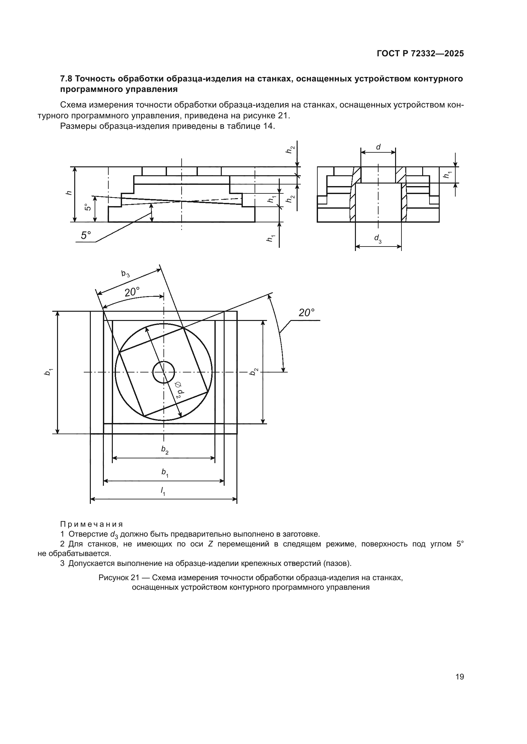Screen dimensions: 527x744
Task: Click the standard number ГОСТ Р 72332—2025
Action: tap(420, 54)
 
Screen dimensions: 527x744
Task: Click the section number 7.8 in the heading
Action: tap(67, 79)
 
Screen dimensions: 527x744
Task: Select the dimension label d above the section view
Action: tap(378, 147)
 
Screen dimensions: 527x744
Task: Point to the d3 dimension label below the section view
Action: tap(378, 239)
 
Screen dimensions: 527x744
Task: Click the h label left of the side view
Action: tap(69, 193)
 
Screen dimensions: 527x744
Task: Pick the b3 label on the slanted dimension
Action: tap(126, 274)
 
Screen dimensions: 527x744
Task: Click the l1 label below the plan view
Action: tap(163, 491)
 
